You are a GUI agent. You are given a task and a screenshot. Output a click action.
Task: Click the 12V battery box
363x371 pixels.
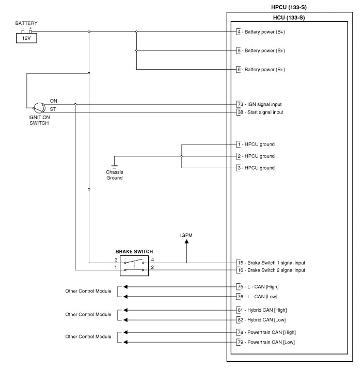pos(26,38)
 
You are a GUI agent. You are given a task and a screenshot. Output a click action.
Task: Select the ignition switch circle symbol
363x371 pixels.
pos(39,108)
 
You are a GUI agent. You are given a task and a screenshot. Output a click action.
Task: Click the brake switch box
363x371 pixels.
pos(134,265)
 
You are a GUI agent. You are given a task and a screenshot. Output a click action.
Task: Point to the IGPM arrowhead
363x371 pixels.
pos(186,245)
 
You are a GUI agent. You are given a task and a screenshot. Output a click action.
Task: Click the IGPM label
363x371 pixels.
pos(186,235)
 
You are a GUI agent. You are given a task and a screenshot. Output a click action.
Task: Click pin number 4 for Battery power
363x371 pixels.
pos(239,32)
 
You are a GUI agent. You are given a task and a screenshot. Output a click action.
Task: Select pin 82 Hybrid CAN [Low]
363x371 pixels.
pos(262,320)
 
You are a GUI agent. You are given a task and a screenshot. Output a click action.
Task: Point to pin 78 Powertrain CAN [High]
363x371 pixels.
pos(266,332)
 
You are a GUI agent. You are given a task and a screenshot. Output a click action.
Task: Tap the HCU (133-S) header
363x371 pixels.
pos(290,18)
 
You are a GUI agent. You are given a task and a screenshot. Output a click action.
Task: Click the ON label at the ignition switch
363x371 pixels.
pos(54,101)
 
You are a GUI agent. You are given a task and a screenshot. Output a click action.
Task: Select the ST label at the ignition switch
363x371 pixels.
pos(53,109)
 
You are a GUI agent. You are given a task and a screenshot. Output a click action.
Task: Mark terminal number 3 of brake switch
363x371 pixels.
pos(116,259)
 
